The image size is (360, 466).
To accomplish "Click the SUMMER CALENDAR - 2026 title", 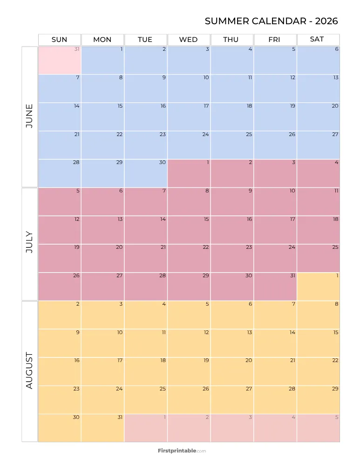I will (271, 21).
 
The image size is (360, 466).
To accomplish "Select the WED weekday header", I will (189, 40).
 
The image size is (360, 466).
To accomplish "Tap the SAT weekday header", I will (317, 39).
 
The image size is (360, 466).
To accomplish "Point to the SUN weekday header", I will (59, 40).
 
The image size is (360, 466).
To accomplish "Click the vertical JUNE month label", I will (29, 116).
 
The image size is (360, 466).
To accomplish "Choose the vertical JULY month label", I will (29, 244).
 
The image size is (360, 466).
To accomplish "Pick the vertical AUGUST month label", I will (29, 371).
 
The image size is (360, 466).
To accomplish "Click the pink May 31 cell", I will (60, 60).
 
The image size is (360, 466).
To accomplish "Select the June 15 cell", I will (102, 116).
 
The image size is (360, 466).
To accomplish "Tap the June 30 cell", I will (146, 173).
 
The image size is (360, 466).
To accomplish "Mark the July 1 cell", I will (189, 173).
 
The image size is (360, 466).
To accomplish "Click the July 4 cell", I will (318, 173).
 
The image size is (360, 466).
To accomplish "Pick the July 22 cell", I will (189, 258).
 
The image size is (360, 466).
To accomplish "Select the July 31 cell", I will (275, 287).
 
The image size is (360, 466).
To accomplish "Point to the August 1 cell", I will (318, 287).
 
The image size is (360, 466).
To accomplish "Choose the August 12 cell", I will (189, 343).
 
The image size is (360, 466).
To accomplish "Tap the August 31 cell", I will (102, 428).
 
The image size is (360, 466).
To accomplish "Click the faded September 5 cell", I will (318, 428).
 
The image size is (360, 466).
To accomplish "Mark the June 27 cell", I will (318, 145).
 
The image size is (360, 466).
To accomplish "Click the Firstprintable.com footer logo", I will (182, 451).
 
